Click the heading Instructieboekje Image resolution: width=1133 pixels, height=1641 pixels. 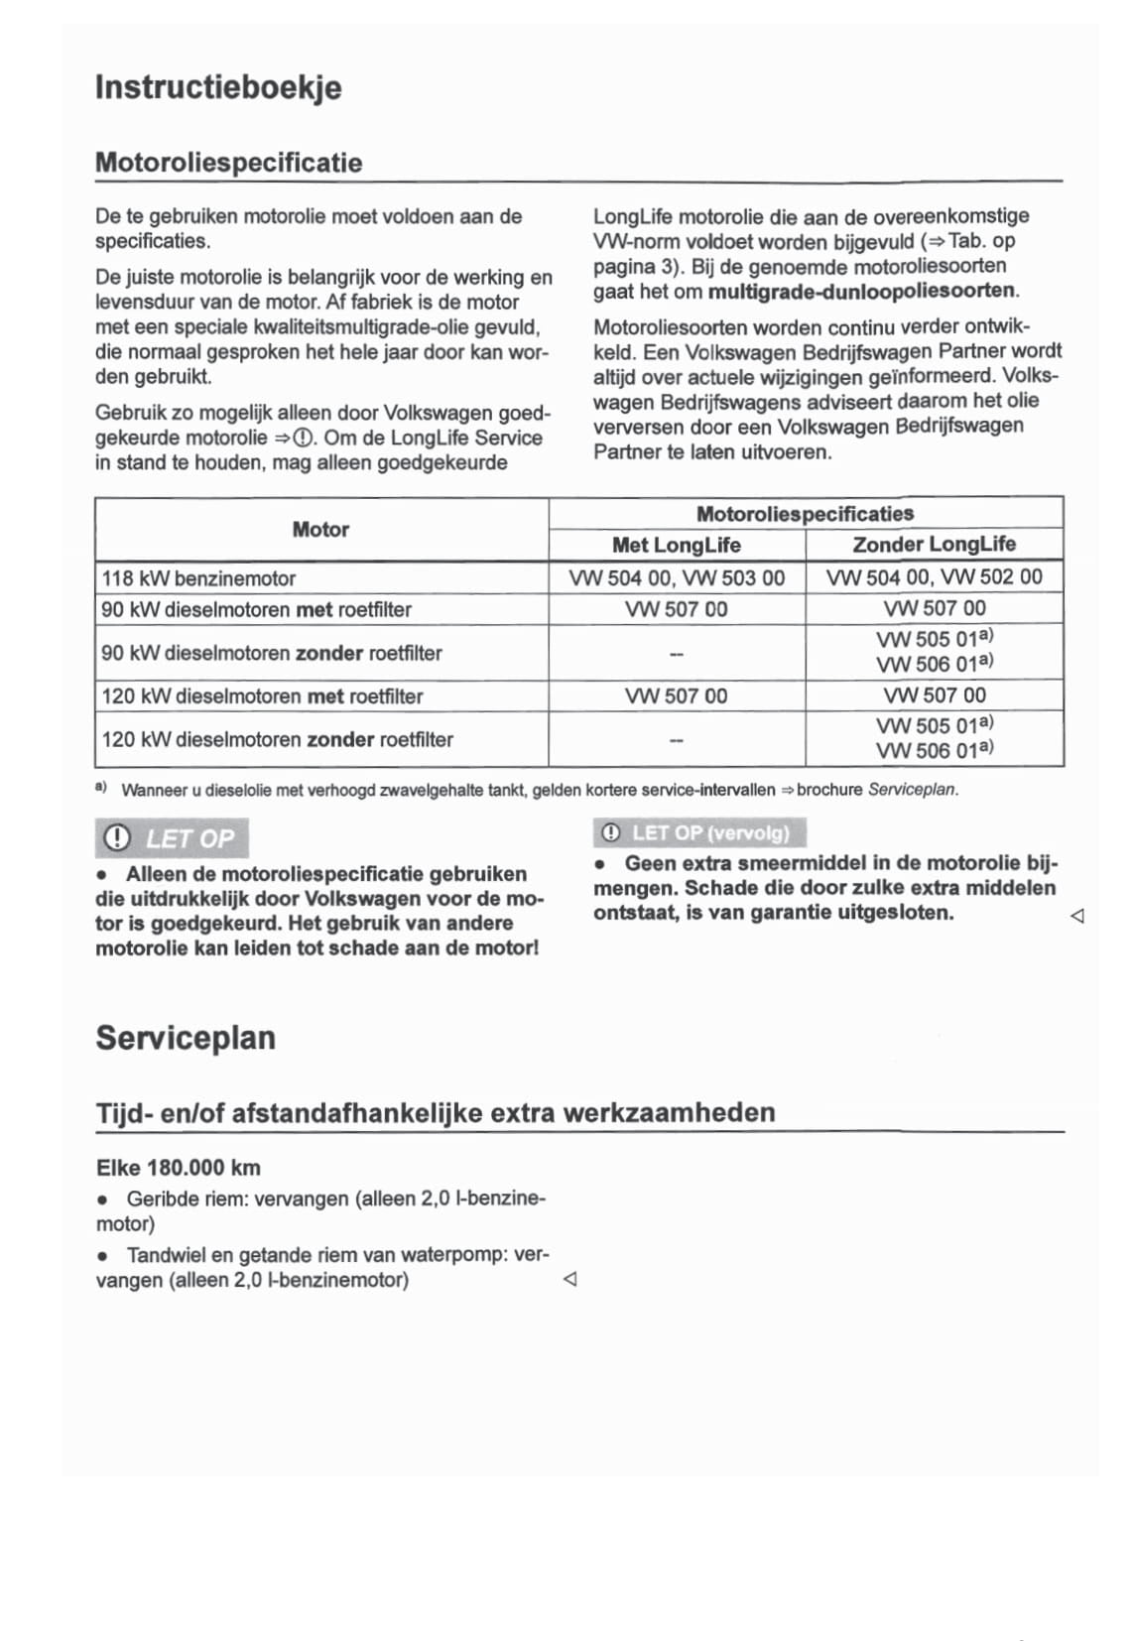point(218,87)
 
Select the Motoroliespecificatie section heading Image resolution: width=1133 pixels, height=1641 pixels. point(228,163)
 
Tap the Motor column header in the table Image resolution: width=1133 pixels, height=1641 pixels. point(320,530)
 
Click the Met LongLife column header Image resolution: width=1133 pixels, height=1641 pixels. point(676,545)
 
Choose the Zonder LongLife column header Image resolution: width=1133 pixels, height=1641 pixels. point(934,544)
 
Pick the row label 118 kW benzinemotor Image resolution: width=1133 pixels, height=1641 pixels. point(198,578)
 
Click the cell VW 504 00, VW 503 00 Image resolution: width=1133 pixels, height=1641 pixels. point(676,578)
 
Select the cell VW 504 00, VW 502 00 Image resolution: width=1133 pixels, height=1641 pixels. point(934,577)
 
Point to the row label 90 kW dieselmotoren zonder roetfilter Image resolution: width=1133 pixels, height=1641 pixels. point(271,653)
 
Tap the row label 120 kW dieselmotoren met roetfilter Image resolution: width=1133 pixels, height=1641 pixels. point(262,696)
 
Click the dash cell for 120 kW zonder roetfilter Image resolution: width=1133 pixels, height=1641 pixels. point(676,739)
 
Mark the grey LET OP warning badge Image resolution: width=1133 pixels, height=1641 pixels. point(172,838)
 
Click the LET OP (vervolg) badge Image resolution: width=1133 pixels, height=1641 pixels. point(699,832)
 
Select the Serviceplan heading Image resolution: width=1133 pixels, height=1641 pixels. point(186,1038)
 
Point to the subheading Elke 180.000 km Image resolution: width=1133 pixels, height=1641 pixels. point(179,1168)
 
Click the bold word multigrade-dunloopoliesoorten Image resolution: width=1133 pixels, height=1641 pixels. point(861,292)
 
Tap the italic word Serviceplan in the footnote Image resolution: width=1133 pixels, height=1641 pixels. point(912,790)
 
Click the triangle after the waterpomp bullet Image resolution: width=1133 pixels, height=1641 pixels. point(569,1280)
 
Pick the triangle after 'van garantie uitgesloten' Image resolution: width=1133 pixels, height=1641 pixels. point(1077,916)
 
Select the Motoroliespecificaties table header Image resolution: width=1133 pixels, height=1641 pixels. point(805,514)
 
